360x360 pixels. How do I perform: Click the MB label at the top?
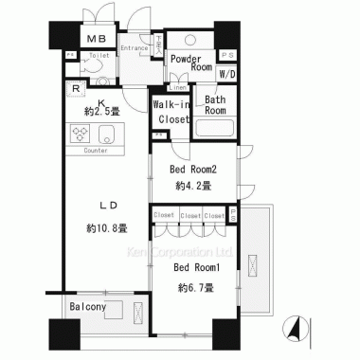tap(97, 38)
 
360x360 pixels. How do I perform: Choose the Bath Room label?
tap(215, 105)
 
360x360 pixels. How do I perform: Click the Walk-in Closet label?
tap(171, 111)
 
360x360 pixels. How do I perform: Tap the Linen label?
tap(179, 88)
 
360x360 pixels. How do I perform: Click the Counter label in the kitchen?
tap(95, 151)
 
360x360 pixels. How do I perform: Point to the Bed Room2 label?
tap(193, 170)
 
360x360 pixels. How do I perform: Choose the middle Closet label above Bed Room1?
tap(189, 216)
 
